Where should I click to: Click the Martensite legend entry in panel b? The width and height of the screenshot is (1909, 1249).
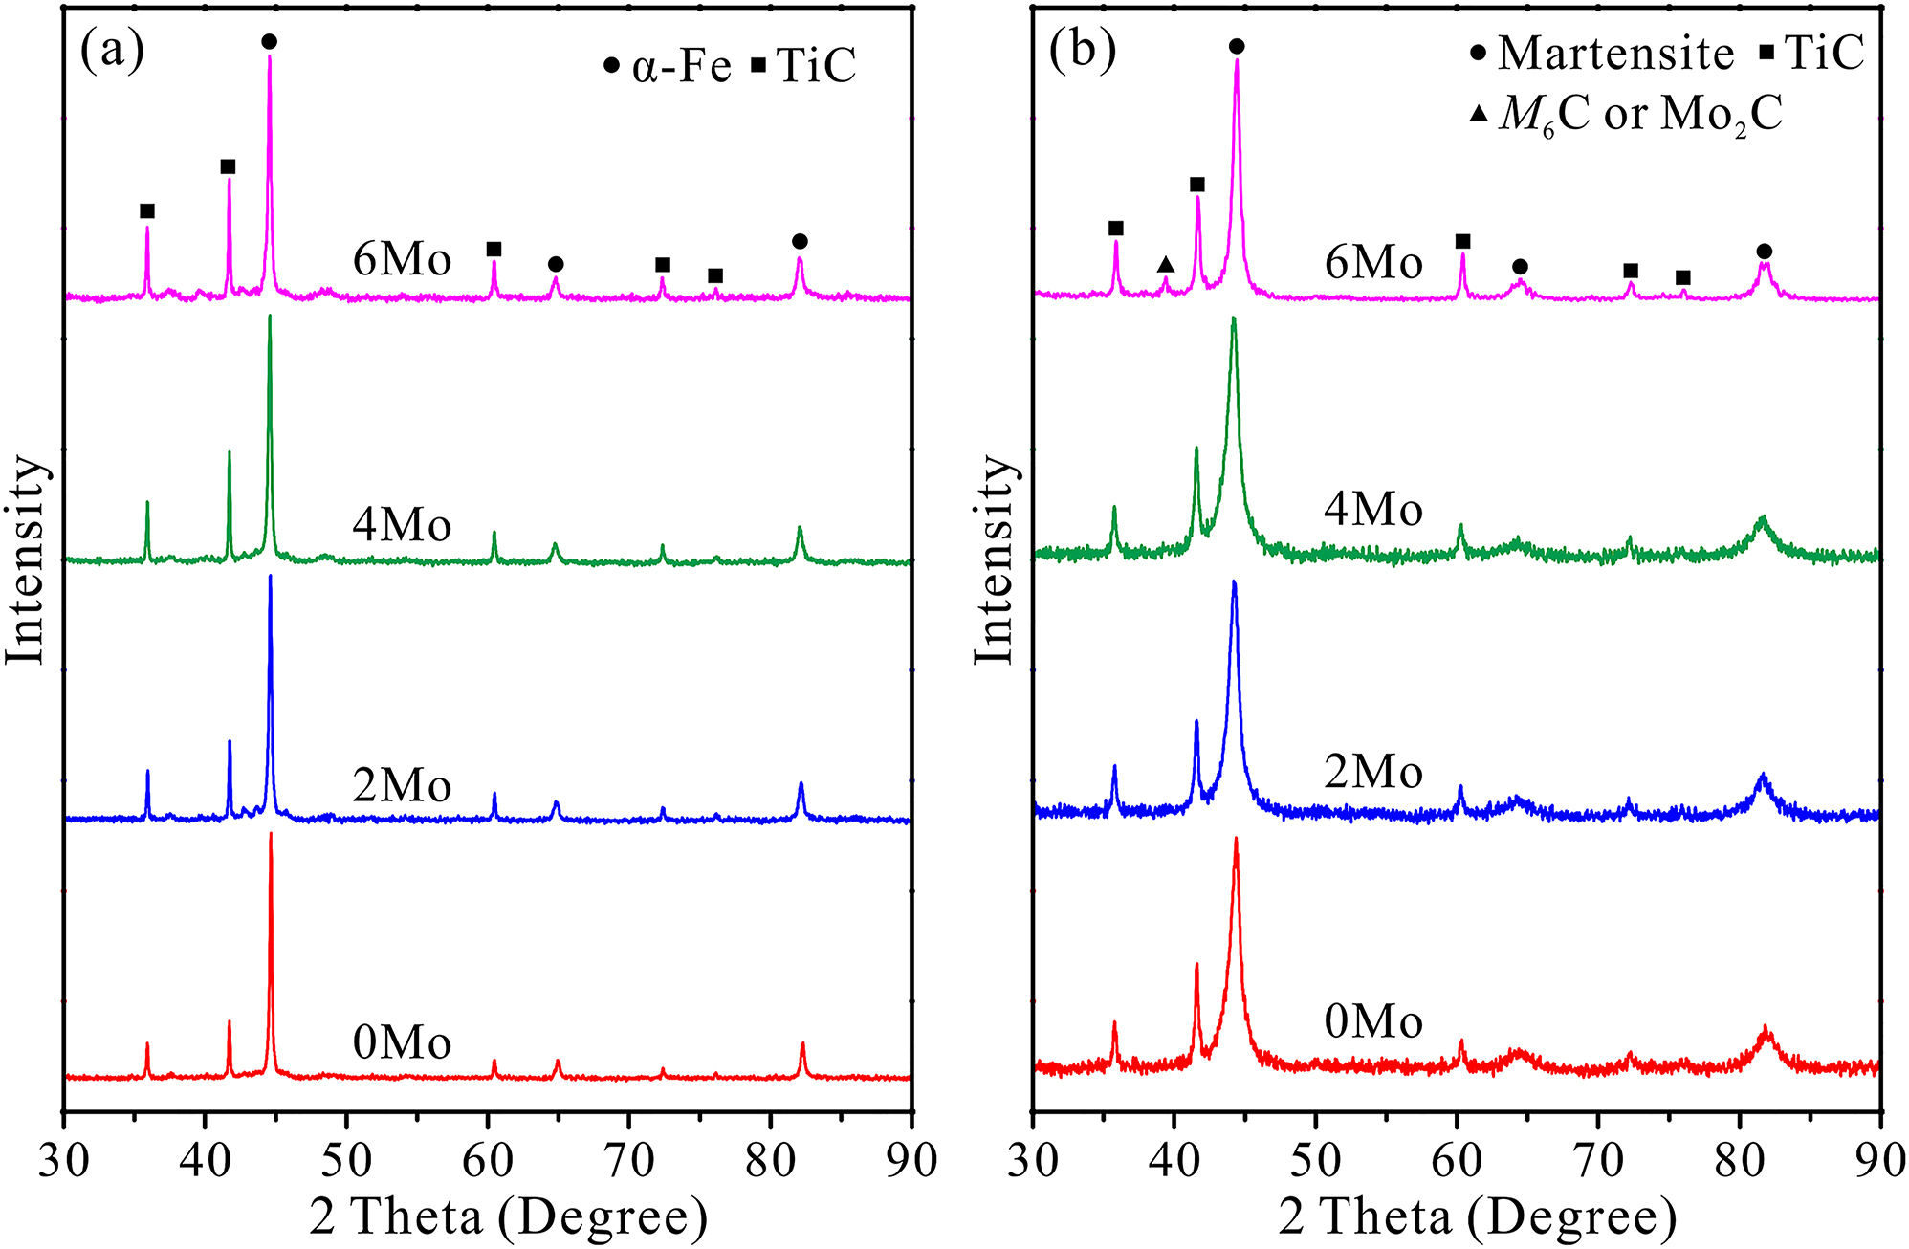point(1601,53)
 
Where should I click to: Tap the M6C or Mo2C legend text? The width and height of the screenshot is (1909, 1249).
point(1626,115)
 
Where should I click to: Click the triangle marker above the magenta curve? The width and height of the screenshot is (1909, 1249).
point(1165,264)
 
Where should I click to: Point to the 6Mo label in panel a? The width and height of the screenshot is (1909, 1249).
point(402,259)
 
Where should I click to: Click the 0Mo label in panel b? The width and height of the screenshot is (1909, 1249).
point(1373,1022)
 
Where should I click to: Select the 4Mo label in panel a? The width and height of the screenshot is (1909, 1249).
point(402,525)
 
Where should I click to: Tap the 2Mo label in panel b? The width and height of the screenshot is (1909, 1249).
point(1373,771)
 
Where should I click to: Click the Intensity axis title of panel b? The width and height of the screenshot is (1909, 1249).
point(994,559)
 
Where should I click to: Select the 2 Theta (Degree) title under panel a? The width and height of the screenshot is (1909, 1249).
point(509,1217)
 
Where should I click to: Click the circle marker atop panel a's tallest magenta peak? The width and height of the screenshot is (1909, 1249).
point(269,41)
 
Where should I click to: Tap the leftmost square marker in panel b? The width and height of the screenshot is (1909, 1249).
point(1115,228)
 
